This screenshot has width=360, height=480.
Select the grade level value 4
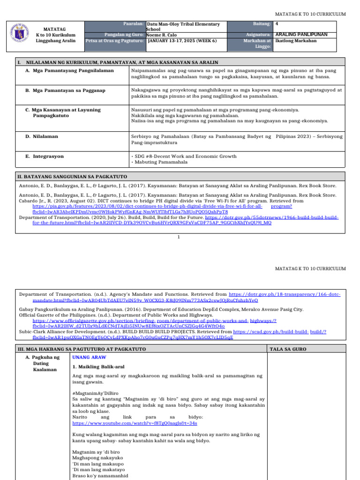pyautogui.click(x=277, y=24)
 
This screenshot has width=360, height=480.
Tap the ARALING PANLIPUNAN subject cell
pyautogui.click(x=301, y=35)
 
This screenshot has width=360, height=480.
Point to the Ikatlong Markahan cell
pyautogui.click(x=296, y=41)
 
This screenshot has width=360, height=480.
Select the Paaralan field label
pyautogui.click(x=133, y=23)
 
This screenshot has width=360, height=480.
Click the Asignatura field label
pyautogui.click(x=259, y=35)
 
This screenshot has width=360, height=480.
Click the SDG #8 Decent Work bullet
pyautogui.click(x=184, y=156)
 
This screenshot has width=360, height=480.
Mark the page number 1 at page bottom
pyautogui.click(x=179, y=237)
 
